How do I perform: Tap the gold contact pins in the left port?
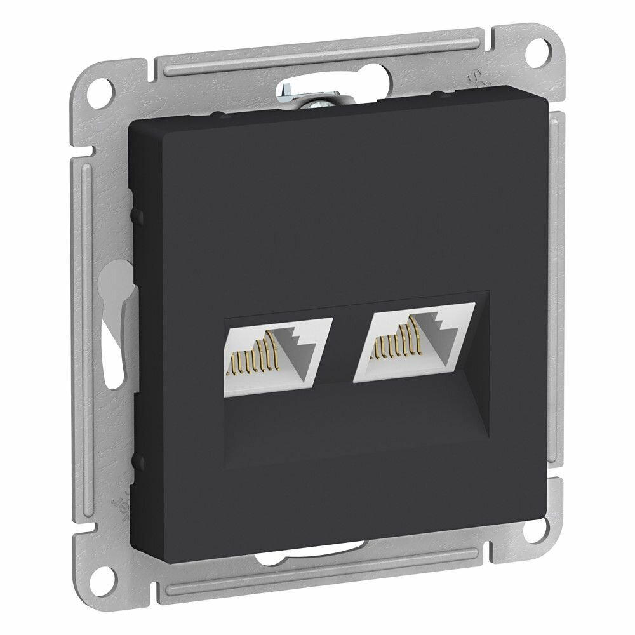click(257, 356)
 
